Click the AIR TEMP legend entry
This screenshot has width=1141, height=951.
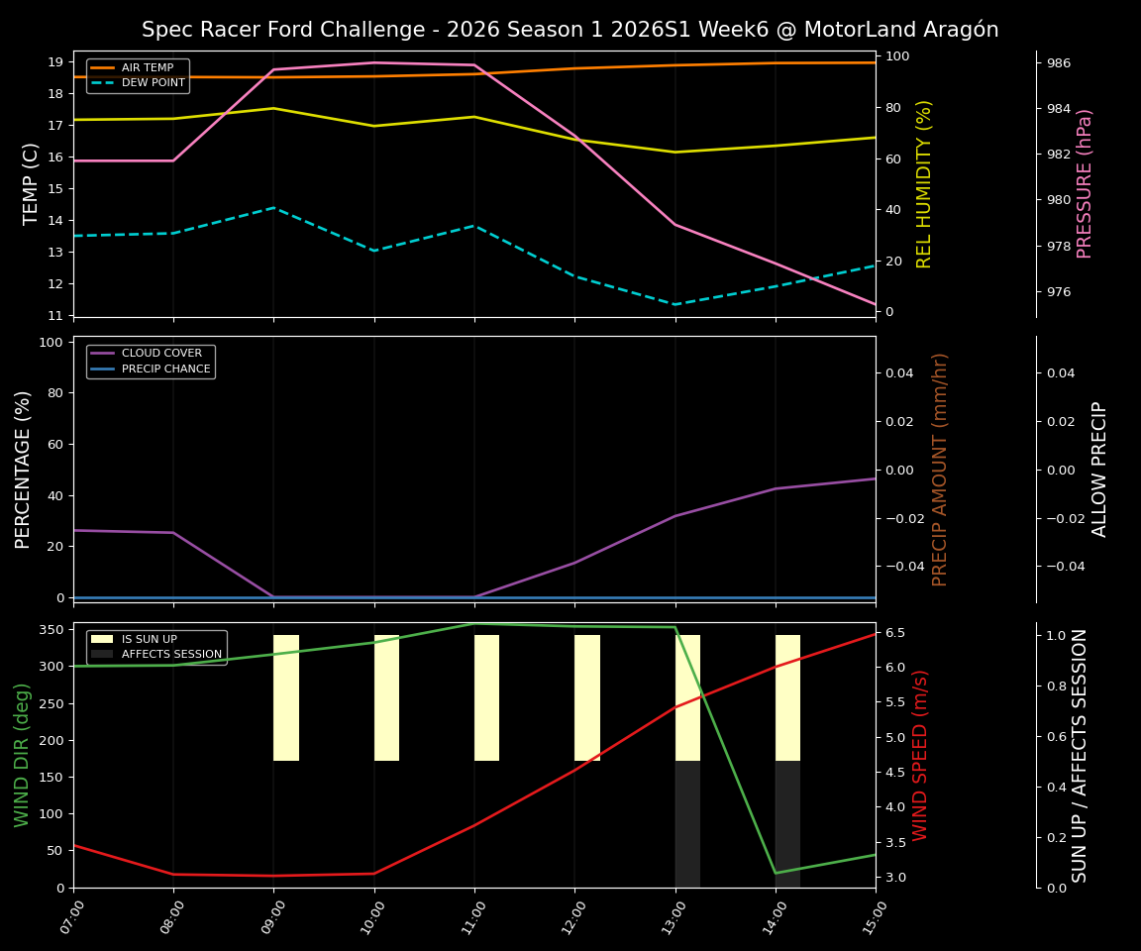[x=147, y=68]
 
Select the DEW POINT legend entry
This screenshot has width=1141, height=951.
[x=153, y=83]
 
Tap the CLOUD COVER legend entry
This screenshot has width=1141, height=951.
[x=161, y=354]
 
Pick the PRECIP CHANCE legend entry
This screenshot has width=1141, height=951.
[x=165, y=370]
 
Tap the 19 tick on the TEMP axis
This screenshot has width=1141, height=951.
[x=54, y=62]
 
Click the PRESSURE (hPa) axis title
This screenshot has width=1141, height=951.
[x=1085, y=183]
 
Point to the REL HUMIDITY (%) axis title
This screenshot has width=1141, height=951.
[x=924, y=183]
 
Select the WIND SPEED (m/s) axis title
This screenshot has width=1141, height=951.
[x=921, y=755]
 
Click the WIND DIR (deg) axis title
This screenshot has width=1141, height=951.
[x=22, y=755]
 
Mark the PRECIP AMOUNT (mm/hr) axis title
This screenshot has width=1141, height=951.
[x=940, y=469]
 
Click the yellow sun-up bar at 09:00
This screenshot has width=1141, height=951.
[x=286, y=697]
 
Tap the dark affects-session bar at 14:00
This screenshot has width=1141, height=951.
[x=787, y=824]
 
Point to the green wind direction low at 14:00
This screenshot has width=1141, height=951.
[x=776, y=873]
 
